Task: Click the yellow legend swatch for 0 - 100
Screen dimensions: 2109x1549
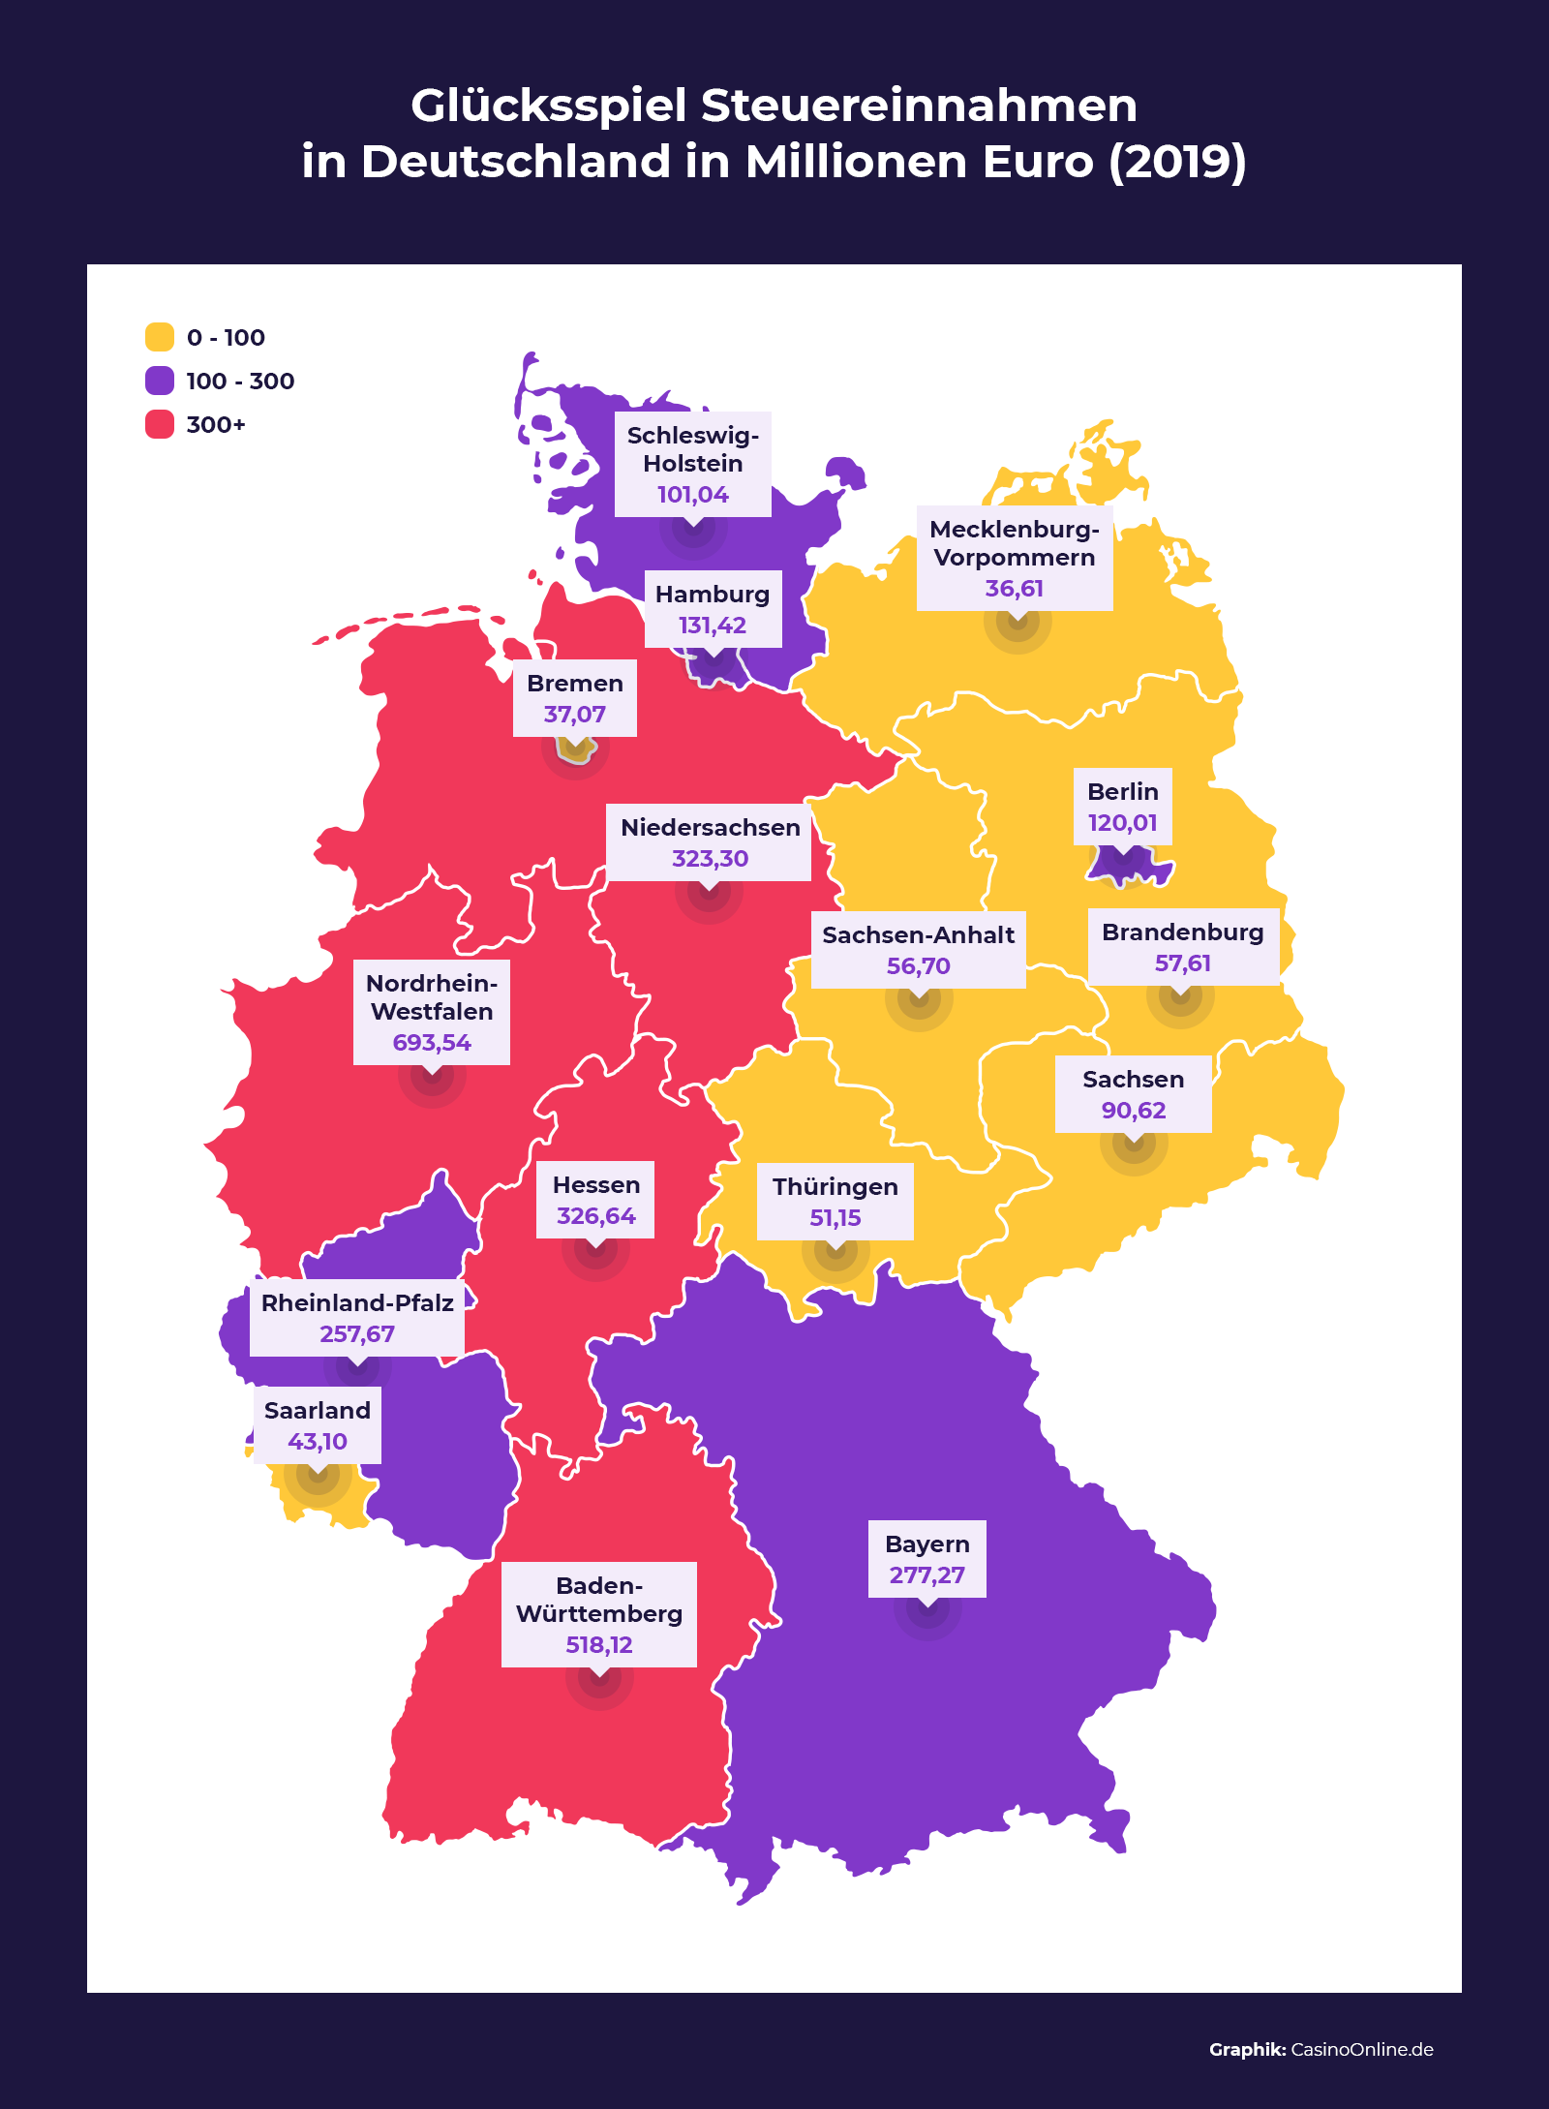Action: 160,337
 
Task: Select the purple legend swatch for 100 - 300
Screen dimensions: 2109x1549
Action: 160,381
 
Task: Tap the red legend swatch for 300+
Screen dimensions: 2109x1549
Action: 160,424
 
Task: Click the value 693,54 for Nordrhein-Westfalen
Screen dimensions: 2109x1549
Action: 432,1043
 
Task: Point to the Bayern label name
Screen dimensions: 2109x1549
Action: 926,1544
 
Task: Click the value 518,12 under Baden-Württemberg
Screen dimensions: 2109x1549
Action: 599,1645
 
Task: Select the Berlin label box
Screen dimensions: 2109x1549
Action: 1123,807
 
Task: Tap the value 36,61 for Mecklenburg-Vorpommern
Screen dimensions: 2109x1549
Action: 1015,589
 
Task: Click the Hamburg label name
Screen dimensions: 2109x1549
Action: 713,595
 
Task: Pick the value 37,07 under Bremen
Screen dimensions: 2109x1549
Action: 574,715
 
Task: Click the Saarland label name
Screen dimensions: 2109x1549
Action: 318,1411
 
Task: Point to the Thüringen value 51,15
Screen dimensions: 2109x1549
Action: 835,1218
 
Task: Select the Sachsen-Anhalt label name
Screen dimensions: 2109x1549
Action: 918,935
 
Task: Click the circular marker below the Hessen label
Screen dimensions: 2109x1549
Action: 595,1248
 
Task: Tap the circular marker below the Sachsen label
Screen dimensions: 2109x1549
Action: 1134,1143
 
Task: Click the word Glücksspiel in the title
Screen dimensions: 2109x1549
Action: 549,106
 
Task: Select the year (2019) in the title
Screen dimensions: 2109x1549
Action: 1177,162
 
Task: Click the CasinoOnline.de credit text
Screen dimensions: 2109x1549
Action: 1361,2049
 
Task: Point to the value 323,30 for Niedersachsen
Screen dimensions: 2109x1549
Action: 710,859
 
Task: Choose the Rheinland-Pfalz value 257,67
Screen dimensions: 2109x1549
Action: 357,1334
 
